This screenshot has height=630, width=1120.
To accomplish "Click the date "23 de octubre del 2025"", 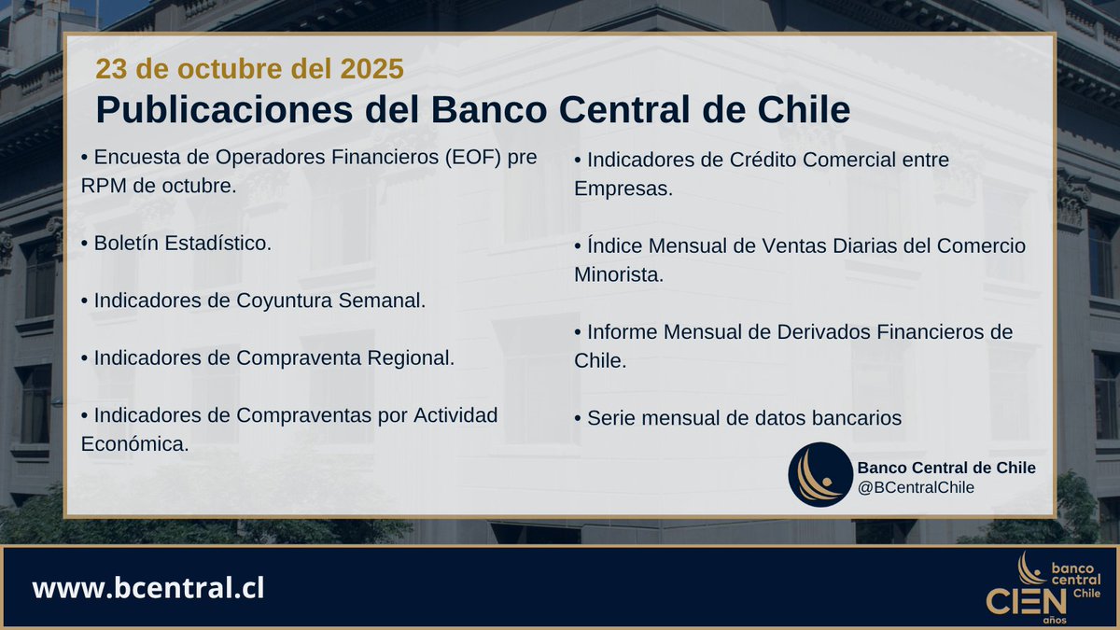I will (249, 69).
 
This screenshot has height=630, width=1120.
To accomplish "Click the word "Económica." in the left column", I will (135, 444).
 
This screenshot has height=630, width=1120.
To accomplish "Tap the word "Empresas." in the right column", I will (623, 189).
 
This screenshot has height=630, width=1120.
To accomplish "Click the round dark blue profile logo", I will (819, 474).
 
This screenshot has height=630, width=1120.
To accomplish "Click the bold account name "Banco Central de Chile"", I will (945, 468).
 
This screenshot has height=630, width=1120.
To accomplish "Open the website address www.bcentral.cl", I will (148, 589).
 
